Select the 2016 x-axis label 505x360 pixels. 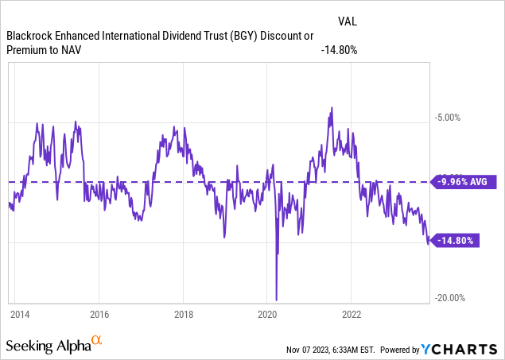click(x=99, y=313)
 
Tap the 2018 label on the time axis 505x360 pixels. click(x=183, y=313)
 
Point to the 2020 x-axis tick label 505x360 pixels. click(x=267, y=313)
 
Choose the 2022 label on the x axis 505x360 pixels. click(x=352, y=313)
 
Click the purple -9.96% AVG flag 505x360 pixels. click(x=464, y=182)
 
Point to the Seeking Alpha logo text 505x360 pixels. click(x=48, y=346)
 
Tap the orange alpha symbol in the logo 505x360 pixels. click(x=97, y=340)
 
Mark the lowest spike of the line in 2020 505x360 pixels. click(x=276, y=300)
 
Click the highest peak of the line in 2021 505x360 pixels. click(x=330, y=108)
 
